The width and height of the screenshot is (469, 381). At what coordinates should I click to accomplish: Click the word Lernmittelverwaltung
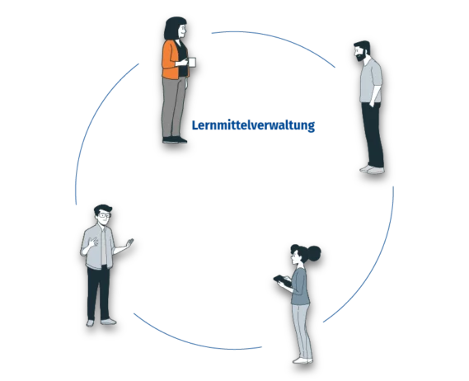pyautogui.click(x=253, y=125)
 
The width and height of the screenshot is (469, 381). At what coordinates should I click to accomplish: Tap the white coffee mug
pyautogui.click(x=192, y=62)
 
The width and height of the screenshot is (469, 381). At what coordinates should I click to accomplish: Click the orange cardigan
pyautogui.click(x=171, y=60)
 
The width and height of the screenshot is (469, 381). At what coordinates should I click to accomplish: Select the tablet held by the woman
pyautogui.click(x=282, y=280)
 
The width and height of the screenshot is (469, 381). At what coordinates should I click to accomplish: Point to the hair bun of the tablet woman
pyautogui.click(x=314, y=253)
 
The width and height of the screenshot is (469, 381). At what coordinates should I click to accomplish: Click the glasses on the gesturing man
pyautogui.click(x=105, y=215)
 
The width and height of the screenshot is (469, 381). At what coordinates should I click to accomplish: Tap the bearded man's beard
pyautogui.click(x=362, y=57)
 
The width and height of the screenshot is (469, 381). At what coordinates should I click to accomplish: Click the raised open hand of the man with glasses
pyautogui.click(x=129, y=242)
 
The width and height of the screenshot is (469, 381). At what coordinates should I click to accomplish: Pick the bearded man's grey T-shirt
pyautogui.click(x=371, y=81)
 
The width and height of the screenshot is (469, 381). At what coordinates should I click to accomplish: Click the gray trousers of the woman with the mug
pyautogui.click(x=173, y=107)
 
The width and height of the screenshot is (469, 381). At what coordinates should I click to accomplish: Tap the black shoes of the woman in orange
pyautogui.click(x=175, y=139)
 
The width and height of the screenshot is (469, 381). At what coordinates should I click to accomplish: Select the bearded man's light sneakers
pyautogui.click(x=372, y=170)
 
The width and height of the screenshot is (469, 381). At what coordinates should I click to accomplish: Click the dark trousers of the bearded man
pyautogui.click(x=373, y=134)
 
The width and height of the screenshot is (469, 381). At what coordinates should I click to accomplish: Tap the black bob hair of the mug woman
pyautogui.click(x=173, y=28)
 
